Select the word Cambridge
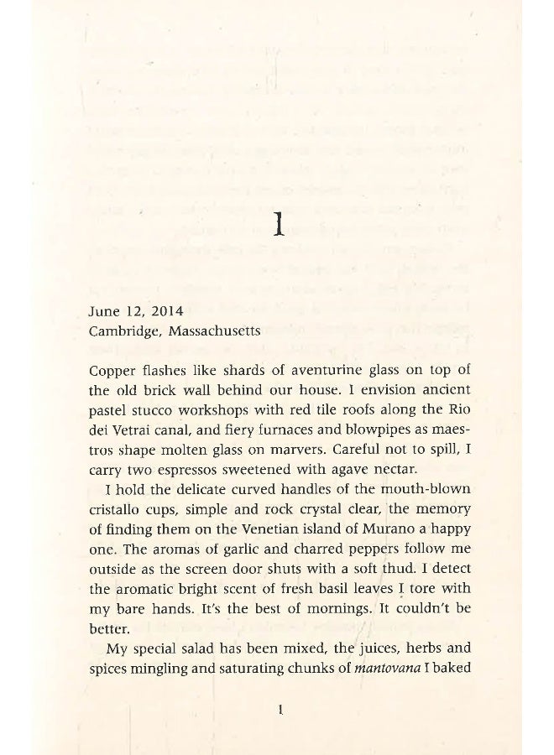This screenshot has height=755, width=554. [124, 331]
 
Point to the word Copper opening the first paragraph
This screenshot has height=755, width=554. [109, 370]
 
